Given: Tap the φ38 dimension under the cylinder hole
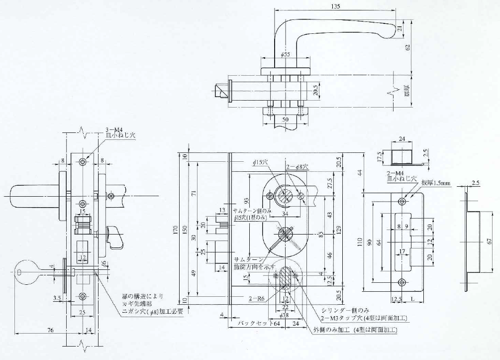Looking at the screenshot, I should tap(285, 316).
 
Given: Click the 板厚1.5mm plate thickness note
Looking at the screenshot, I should tap(436, 183).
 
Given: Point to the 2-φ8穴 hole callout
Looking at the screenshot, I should tap(297, 167).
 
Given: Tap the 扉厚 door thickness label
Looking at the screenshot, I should tap(406, 92).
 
